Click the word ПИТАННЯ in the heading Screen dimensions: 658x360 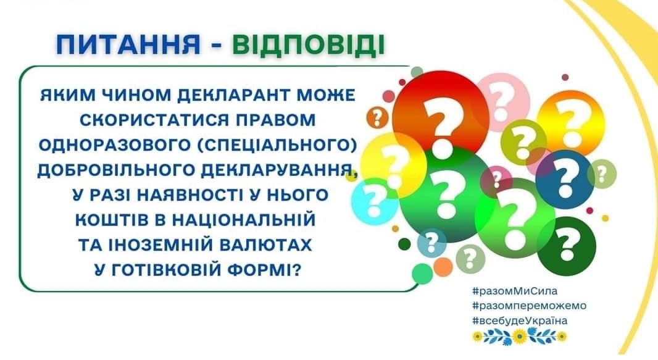128,45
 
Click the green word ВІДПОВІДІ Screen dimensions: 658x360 309,45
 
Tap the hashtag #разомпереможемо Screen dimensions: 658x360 529,306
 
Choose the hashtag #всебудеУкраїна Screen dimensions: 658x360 520,320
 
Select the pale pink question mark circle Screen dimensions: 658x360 502,102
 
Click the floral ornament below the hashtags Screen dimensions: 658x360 520,336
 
